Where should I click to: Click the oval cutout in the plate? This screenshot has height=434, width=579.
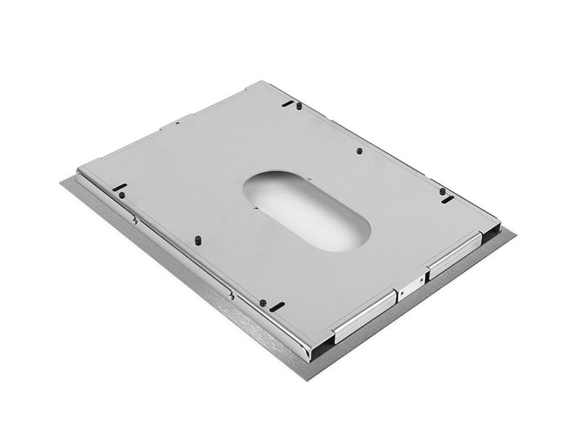[x=306, y=209]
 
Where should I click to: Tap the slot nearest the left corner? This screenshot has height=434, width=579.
[x=119, y=187]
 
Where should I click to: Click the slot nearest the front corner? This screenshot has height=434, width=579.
[x=276, y=306]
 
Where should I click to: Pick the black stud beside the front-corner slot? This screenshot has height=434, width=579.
[x=263, y=303]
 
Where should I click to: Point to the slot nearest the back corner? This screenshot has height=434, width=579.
[x=288, y=104]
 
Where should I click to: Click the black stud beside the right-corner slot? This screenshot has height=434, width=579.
[x=443, y=191]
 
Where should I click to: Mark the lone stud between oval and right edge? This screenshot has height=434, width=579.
[x=359, y=150]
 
